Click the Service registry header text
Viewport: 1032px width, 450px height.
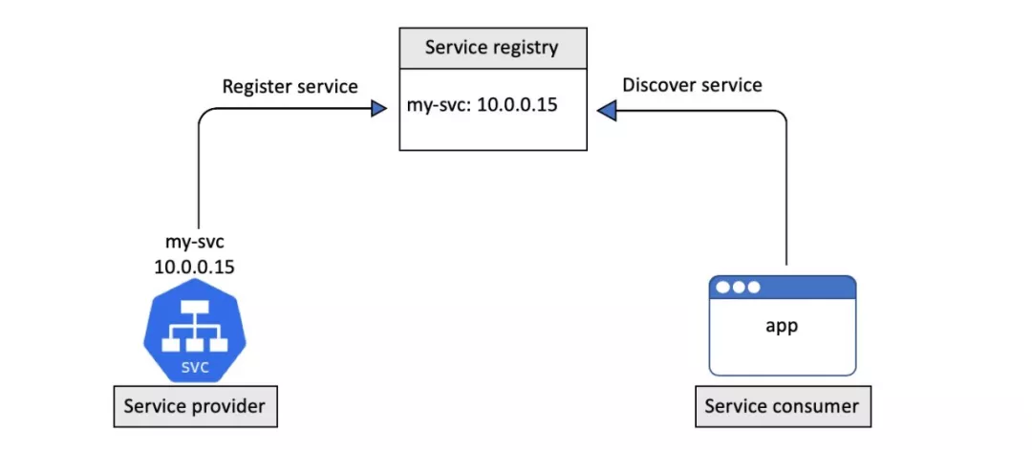(492, 47)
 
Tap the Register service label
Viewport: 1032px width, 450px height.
(290, 86)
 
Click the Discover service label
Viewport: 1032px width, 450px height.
(692, 85)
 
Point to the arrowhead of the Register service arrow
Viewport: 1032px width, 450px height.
(377, 111)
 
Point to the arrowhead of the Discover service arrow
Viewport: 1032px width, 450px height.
(607, 112)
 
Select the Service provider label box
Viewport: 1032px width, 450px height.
(195, 407)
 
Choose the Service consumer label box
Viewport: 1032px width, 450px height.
(782, 406)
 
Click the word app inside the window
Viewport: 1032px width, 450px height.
(781, 325)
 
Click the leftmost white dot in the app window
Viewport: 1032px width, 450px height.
(721, 288)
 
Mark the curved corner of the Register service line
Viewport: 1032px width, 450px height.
(204, 116)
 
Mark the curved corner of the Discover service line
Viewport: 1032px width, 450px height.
(781, 117)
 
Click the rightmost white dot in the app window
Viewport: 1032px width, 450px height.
(753, 288)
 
